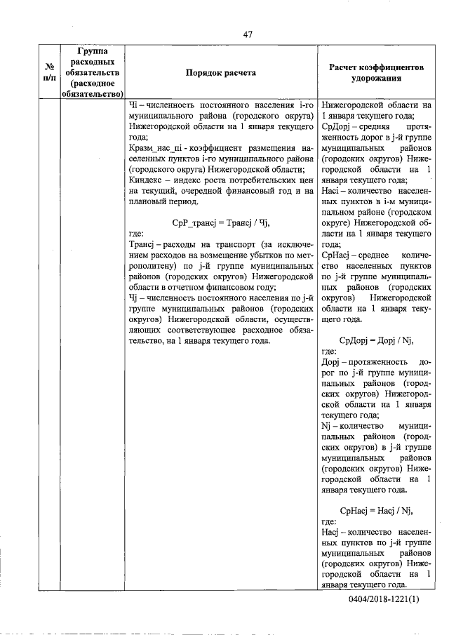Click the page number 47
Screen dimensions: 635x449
pyautogui.click(x=248, y=33)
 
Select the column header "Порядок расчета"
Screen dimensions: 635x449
pyautogui.click(x=220, y=72)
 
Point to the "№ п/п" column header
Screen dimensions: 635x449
pyautogui.click(x=50, y=72)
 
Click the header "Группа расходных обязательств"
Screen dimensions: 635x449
pyautogui.click(x=93, y=72)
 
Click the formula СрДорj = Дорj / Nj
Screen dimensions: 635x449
pyautogui.click(x=376, y=340)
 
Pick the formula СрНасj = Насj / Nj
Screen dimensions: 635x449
pyautogui.click(x=376, y=511)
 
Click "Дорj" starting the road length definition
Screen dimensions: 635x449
pyautogui.click(x=330, y=361)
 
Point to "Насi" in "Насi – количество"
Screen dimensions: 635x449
pyautogui.click(x=330, y=190)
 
